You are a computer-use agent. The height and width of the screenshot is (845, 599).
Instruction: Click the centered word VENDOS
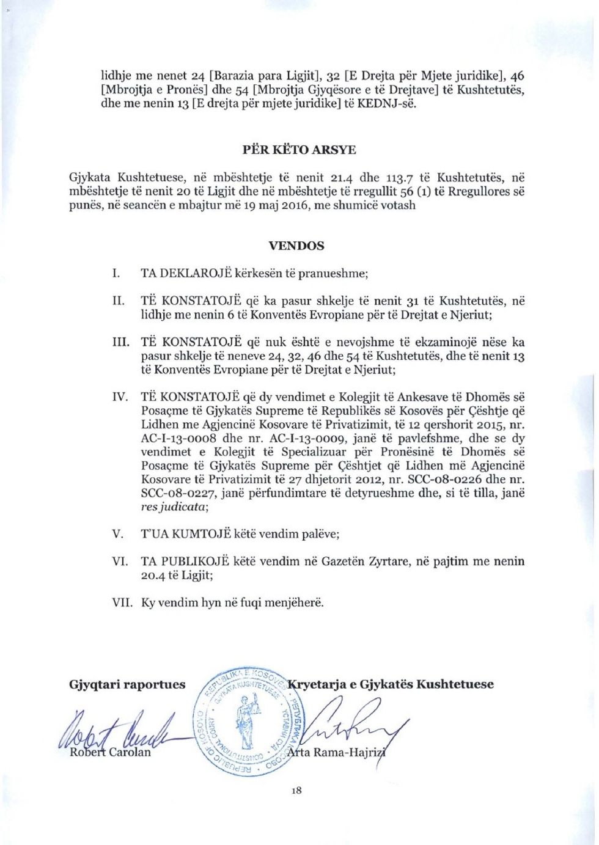(296, 246)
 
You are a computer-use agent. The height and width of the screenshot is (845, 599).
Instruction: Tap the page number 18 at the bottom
(296, 791)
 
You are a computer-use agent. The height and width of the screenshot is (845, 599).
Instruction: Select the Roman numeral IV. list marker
(120, 397)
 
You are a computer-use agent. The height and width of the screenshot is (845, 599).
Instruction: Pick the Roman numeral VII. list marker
(122, 602)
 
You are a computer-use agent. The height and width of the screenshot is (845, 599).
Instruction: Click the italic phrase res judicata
(174, 507)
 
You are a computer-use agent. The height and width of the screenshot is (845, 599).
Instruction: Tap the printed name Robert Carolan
(110, 752)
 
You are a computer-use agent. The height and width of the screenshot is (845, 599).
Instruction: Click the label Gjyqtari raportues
(127, 684)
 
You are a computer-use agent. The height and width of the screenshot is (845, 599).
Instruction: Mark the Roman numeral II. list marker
(119, 301)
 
